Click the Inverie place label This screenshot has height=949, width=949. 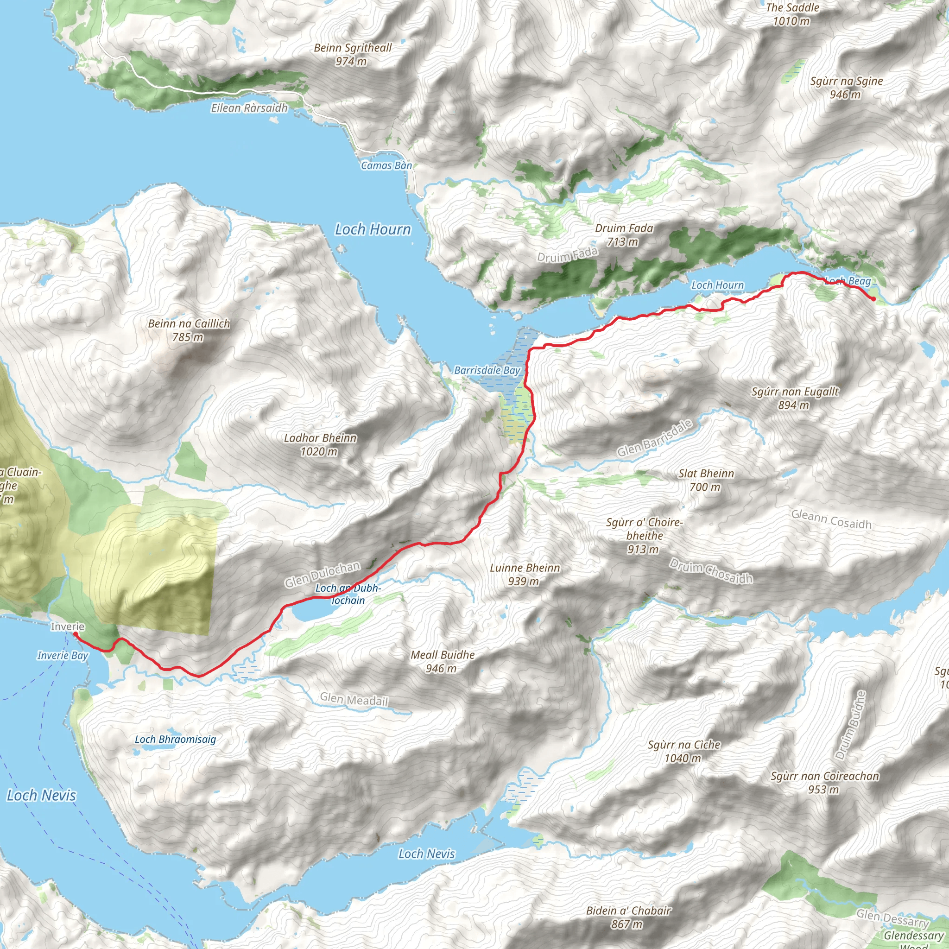pyautogui.click(x=68, y=627)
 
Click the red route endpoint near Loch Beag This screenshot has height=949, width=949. pyautogui.click(x=873, y=299)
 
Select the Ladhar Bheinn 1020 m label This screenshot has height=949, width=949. pyautogui.click(x=320, y=444)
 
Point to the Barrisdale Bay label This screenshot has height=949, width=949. pyautogui.click(x=487, y=370)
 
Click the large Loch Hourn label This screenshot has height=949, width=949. pyautogui.click(x=373, y=229)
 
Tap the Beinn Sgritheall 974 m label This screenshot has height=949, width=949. pyautogui.click(x=353, y=55)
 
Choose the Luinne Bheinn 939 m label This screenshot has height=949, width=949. pyautogui.click(x=525, y=575)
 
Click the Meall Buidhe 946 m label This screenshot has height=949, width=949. pyautogui.click(x=443, y=662)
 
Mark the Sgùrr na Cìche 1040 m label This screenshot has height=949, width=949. pyautogui.click(x=684, y=752)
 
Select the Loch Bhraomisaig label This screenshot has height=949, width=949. pyautogui.click(x=175, y=739)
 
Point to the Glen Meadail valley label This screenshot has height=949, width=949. pyautogui.click(x=354, y=699)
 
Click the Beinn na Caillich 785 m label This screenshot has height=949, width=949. pyautogui.click(x=189, y=330)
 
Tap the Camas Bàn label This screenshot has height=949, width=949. pyautogui.click(x=386, y=165)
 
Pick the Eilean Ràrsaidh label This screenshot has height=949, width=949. pyautogui.click(x=249, y=108)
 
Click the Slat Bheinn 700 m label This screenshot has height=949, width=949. pyautogui.click(x=706, y=480)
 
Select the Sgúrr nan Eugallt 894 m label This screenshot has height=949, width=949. pyautogui.click(x=795, y=399)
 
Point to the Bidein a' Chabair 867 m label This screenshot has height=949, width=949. pyautogui.click(x=628, y=917)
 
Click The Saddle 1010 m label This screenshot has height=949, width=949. pyautogui.click(x=792, y=14)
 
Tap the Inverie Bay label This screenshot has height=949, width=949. pyautogui.click(x=63, y=655)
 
